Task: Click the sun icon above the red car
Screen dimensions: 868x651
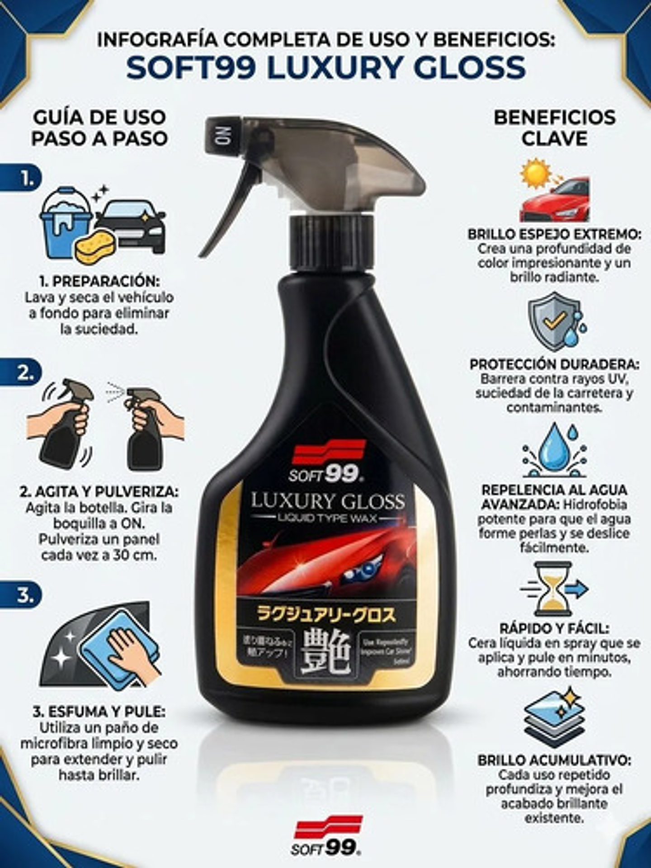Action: (535, 173)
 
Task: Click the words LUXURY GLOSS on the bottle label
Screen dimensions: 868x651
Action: (328, 501)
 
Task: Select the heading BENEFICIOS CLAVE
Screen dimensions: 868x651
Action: (555, 127)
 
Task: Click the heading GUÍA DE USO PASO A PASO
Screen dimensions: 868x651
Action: (100, 127)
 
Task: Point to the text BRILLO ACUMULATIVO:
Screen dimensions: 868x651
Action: (554, 760)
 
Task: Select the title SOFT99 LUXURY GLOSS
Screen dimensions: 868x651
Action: (325, 68)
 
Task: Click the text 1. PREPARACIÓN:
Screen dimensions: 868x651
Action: (99, 281)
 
